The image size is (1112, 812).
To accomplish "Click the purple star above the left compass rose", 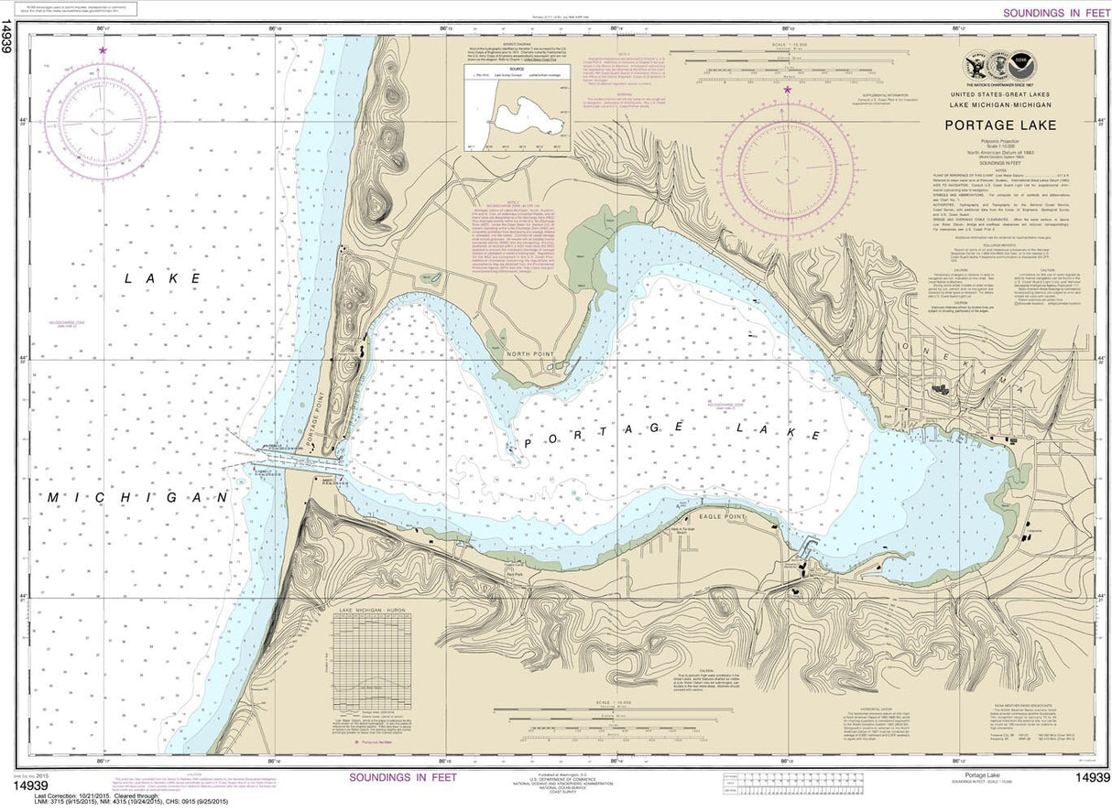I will (103, 50).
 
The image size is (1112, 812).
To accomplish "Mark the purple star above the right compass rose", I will (788, 90).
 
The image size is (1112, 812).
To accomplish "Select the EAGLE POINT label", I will (722, 517).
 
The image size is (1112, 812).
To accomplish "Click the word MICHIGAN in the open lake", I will (137, 496).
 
